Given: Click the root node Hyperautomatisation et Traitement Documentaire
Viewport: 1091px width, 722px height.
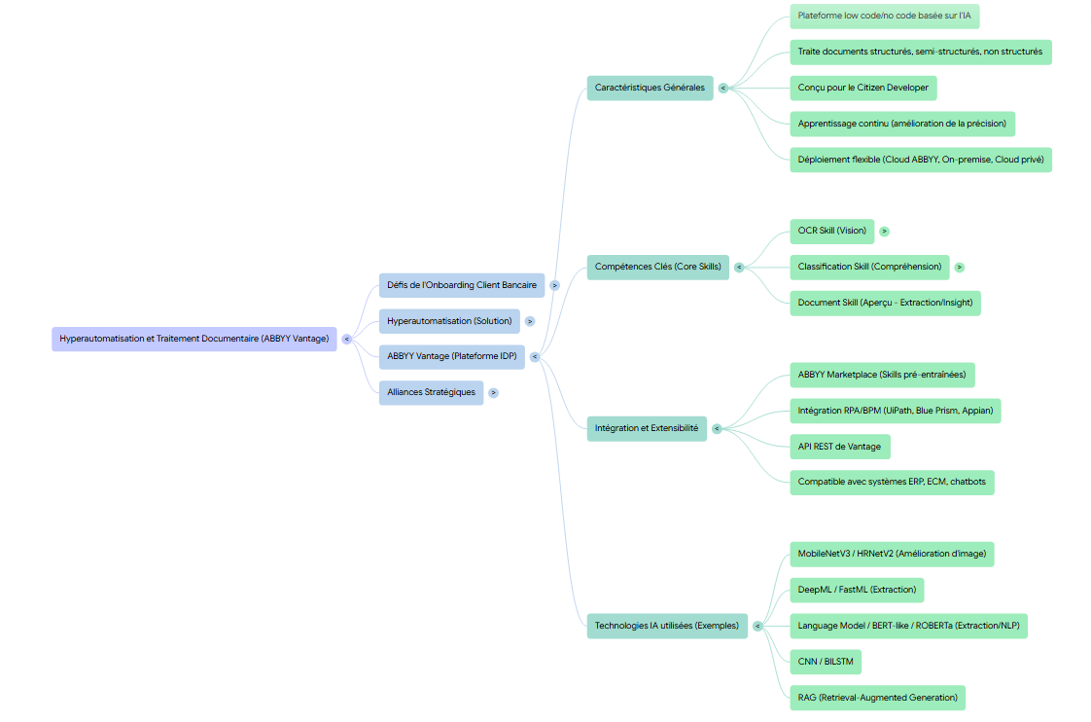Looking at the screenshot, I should (194, 339).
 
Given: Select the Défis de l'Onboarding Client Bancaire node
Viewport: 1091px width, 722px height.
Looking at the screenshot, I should (461, 285).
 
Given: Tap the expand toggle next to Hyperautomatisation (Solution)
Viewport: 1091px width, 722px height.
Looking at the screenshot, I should (530, 321).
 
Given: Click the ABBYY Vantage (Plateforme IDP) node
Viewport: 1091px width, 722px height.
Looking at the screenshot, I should (451, 356).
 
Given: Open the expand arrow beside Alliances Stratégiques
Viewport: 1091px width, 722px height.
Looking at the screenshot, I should (494, 392).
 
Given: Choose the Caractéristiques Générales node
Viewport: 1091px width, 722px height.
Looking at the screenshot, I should (650, 88).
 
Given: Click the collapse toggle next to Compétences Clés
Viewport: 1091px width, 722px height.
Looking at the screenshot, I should (739, 267).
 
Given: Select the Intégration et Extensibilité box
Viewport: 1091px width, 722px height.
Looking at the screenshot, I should (646, 428).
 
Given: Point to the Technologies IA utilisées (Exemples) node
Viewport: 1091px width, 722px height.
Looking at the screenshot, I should (666, 626).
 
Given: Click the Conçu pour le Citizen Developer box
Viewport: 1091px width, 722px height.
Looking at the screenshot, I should (862, 88).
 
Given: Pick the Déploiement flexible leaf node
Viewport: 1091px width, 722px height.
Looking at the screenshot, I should (920, 160).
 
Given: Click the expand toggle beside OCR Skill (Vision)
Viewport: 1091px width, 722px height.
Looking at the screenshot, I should (884, 232).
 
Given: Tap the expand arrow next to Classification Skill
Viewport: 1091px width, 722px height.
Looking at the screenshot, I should (959, 267).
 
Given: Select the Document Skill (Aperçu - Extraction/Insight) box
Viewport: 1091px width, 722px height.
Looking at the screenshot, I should (884, 303).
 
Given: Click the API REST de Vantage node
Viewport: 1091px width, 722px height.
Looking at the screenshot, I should (839, 447).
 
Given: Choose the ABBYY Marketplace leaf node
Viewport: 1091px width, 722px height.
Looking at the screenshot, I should (881, 375).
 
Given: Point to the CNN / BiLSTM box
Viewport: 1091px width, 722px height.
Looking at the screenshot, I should (825, 662).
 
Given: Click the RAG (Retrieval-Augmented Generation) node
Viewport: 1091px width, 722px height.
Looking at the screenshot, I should (877, 698).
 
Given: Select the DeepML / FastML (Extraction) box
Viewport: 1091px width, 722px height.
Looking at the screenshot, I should (856, 590).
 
